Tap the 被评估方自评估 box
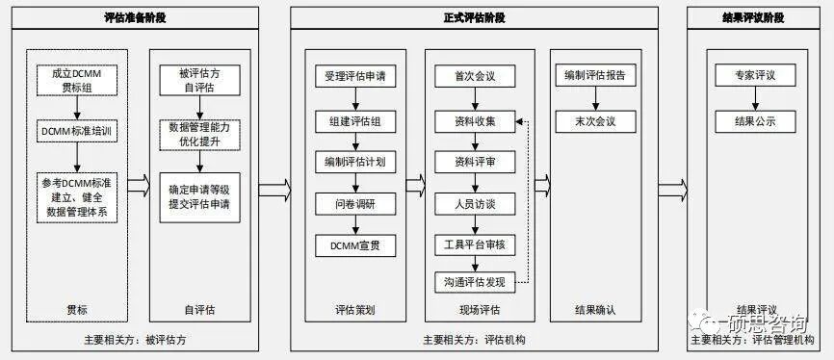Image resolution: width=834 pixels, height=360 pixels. [x=199, y=80]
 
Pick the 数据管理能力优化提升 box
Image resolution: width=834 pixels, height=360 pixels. [x=199, y=134]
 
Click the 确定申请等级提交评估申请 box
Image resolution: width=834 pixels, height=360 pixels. [x=199, y=196]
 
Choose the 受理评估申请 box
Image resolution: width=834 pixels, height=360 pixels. [x=355, y=76]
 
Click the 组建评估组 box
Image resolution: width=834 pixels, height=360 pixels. [x=355, y=121]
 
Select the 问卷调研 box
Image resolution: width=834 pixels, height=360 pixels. [x=355, y=203]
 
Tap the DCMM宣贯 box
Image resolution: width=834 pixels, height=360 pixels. [x=355, y=245]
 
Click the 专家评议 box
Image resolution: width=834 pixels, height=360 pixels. [x=755, y=76]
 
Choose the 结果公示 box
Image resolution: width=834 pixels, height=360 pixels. [x=755, y=121]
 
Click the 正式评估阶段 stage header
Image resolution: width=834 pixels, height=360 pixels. [x=474, y=17]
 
